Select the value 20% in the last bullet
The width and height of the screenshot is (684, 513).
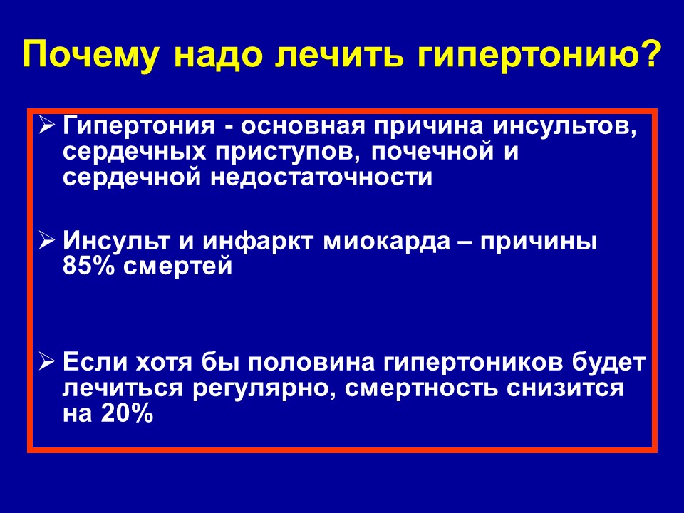coord(127,413)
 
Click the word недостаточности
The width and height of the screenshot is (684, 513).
coord(321,177)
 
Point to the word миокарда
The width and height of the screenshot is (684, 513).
coord(387,242)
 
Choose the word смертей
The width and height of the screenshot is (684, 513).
coord(177,266)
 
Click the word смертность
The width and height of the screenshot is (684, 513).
coord(420,388)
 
